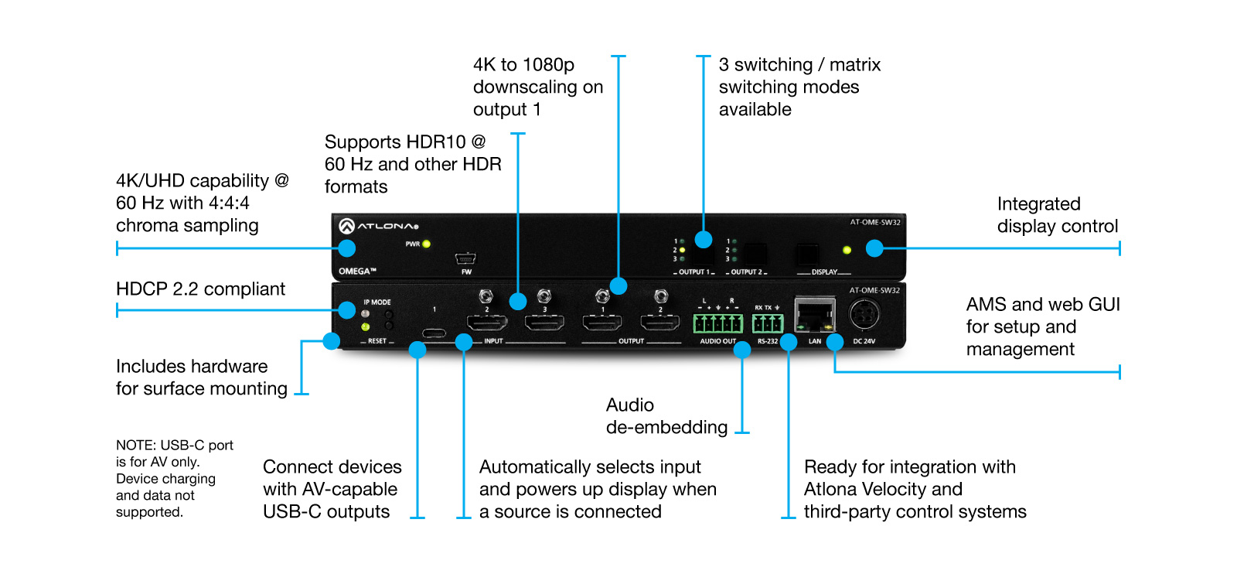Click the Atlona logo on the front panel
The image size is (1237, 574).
pyautogui.click(x=378, y=225)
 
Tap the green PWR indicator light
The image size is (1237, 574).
pyautogui.click(x=426, y=244)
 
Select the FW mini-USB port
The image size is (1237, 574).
pyautogui.click(x=465, y=258)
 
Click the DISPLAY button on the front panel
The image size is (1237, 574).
pyautogui.click(x=807, y=255)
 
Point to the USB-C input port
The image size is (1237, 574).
pyautogui.click(x=434, y=333)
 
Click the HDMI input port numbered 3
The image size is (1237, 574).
pyautogui.click(x=544, y=322)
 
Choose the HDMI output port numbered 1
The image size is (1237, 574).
pyautogui.click(x=602, y=322)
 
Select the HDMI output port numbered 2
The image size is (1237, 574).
pyautogui.click(x=660, y=322)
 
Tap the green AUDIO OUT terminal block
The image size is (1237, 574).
pyautogui.click(x=718, y=323)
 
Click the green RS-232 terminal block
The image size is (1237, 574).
pyautogui.click(x=768, y=323)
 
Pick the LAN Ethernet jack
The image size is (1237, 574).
pyautogui.click(x=815, y=315)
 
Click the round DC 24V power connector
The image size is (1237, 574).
pyautogui.click(x=864, y=316)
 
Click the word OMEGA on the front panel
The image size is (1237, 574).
pyautogui.click(x=357, y=272)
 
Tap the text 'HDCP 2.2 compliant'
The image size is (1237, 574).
pyautogui.click(x=200, y=289)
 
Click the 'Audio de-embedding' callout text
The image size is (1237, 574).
pyautogui.click(x=666, y=416)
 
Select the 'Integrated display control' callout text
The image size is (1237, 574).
pyautogui.click(x=1058, y=215)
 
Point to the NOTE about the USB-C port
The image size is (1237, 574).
pyautogui.click(x=175, y=478)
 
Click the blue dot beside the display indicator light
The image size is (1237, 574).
pyautogui.click(x=874, y=248)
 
